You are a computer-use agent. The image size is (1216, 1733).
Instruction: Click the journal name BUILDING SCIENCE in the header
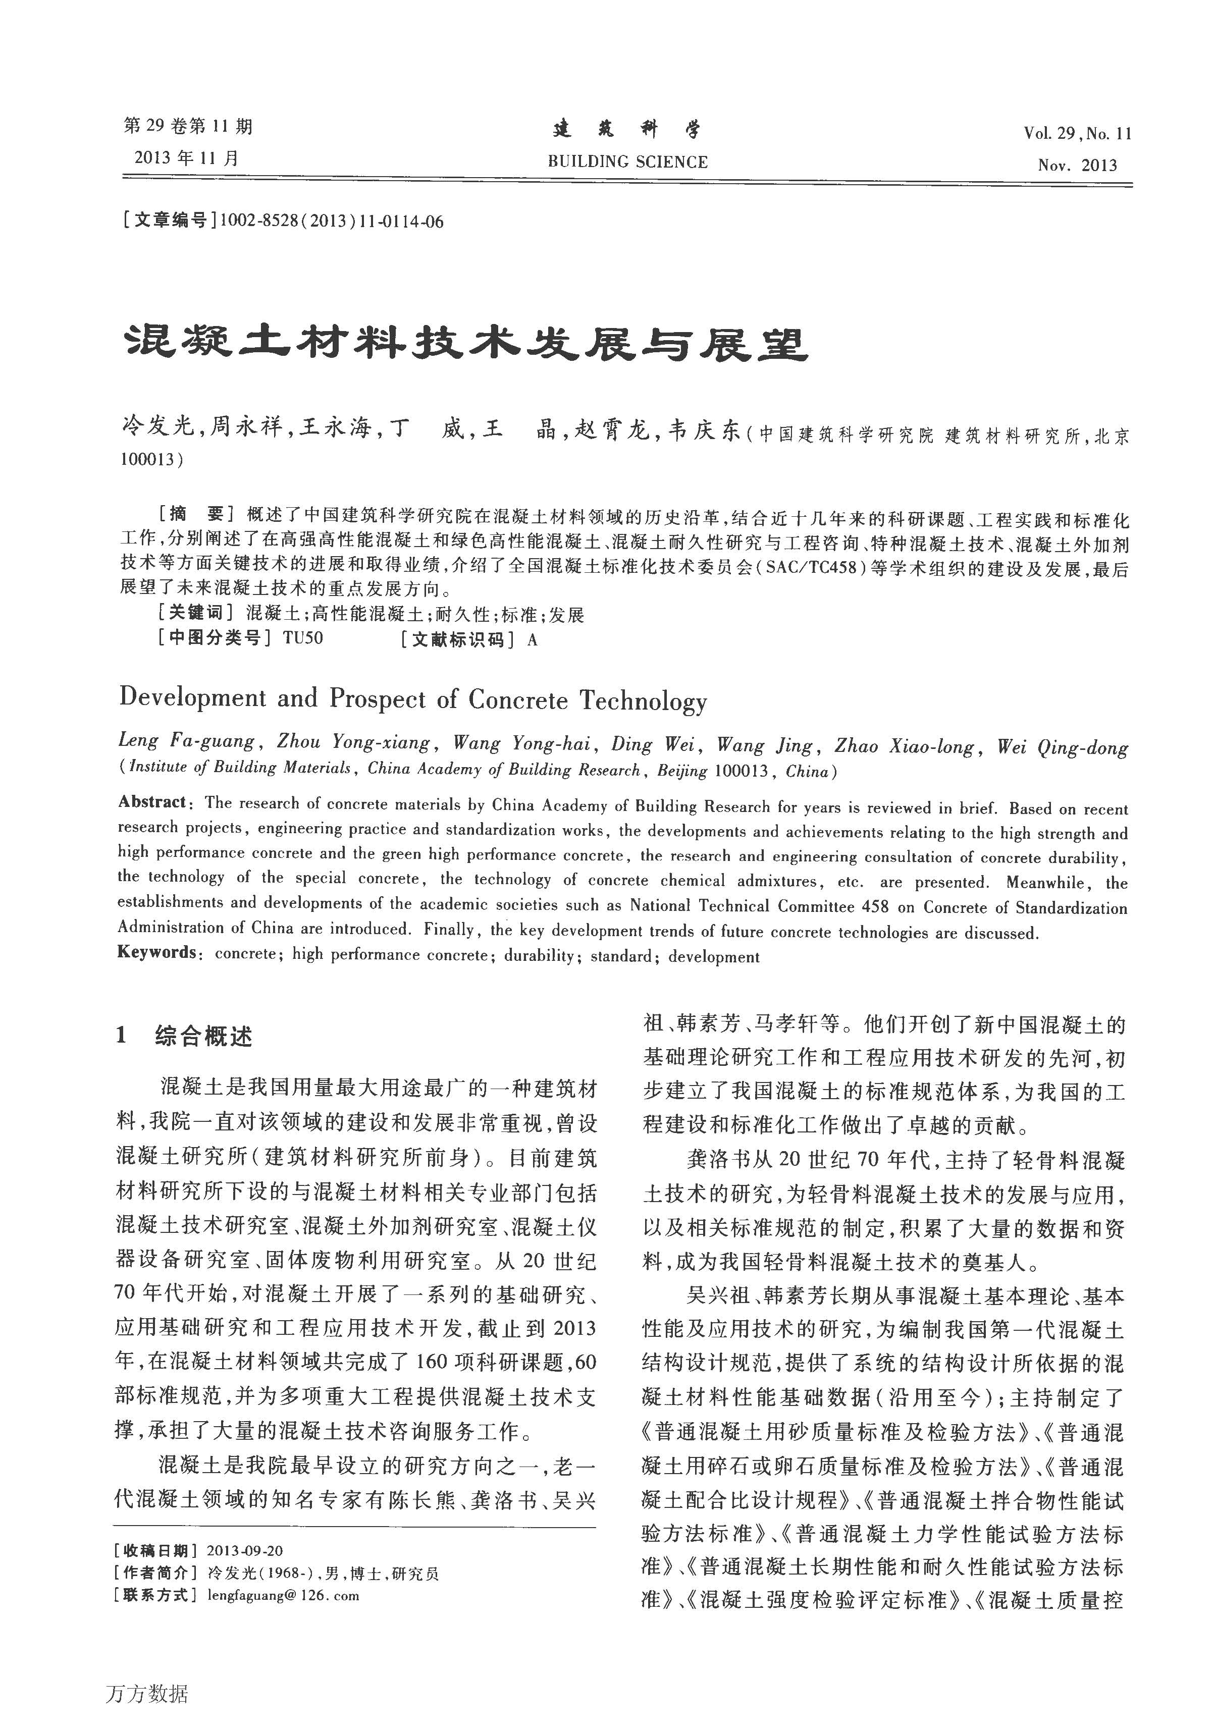(627, 161)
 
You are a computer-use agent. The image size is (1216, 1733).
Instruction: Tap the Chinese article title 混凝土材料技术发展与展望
(464, 344)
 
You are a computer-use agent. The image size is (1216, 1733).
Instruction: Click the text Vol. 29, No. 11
(1077, 134)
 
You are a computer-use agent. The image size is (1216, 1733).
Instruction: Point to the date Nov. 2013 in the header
(1077, 166)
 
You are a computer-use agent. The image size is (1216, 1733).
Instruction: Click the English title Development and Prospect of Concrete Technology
(413, 699)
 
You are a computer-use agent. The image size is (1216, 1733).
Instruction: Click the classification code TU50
(303, 638)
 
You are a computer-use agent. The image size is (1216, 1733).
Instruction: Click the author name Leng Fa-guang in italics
(186, 740)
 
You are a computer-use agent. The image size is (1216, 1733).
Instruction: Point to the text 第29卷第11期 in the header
(188, 126)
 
